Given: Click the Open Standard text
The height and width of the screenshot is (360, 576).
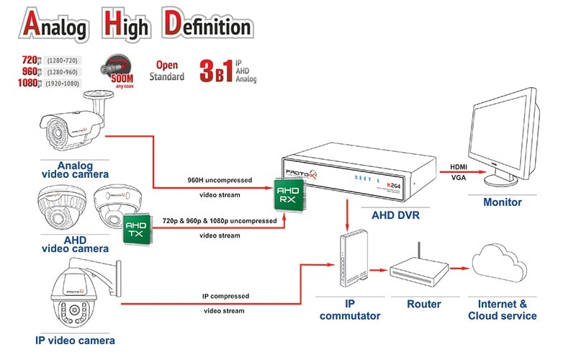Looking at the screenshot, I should (x=166, y=71).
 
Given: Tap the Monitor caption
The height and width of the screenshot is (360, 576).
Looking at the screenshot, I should (x=503, y=202).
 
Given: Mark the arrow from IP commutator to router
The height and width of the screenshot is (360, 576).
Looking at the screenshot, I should (x=377, y=271).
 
